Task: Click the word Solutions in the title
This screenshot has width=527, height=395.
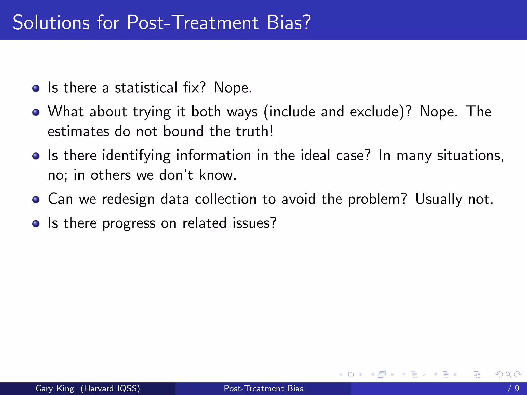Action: coord(51,23)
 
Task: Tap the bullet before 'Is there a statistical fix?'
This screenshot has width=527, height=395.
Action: coord(36,89)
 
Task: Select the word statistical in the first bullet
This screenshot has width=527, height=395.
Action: coord(146,88)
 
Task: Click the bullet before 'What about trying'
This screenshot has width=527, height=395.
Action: coord(36,112)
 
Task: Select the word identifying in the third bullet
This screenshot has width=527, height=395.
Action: coord(136,156)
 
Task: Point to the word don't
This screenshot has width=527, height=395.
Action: coord(176,175)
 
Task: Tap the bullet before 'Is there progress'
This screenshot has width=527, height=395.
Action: coord(36,224)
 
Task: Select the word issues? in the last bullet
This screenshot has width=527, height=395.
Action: coord(254,223)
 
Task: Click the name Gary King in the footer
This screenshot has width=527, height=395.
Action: coord(55,389)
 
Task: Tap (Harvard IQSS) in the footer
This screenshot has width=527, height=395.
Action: coord(110,389)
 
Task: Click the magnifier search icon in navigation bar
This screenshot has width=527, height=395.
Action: coord(508,375)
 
